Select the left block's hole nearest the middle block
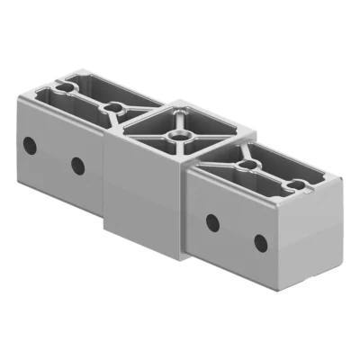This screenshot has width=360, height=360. coord(77,165)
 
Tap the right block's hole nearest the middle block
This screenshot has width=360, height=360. coord(212,221)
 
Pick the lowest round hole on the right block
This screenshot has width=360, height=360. coord(260,243)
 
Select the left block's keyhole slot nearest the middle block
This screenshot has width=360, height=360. coord(113,108)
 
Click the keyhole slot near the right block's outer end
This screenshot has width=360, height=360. coord(293,187)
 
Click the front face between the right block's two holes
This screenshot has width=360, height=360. coord(237,232)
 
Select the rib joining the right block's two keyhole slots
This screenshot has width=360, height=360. coord(269,176)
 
